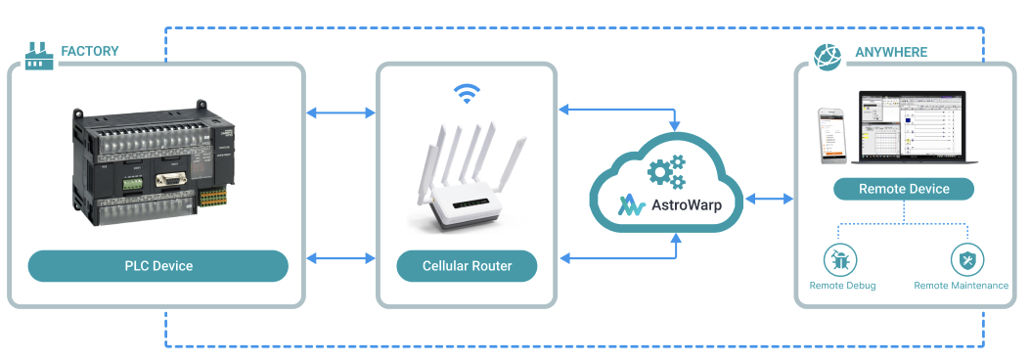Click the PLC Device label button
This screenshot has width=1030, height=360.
[x=157, y=265]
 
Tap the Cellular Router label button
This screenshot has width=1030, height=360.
[x=467, y=265]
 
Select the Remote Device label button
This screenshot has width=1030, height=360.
[x=903, y=189]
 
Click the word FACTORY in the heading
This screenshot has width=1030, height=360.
[x=90, y=51]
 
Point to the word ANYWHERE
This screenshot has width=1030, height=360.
[x=890, y=52]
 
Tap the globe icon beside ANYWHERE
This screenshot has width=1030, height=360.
[x=828, y=56]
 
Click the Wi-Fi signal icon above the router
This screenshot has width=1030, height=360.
[x=467, y=94]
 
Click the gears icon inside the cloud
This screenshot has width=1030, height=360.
[x=666, y=172]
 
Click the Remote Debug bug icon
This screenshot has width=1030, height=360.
[x=841, y=259]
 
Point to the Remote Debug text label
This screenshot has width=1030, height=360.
[x=842, y=286]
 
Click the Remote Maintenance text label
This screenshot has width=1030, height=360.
[x=961, y=286]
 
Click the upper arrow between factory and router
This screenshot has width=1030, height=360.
[x=340, y=113]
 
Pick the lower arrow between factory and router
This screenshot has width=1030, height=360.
[x=340, y=258]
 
